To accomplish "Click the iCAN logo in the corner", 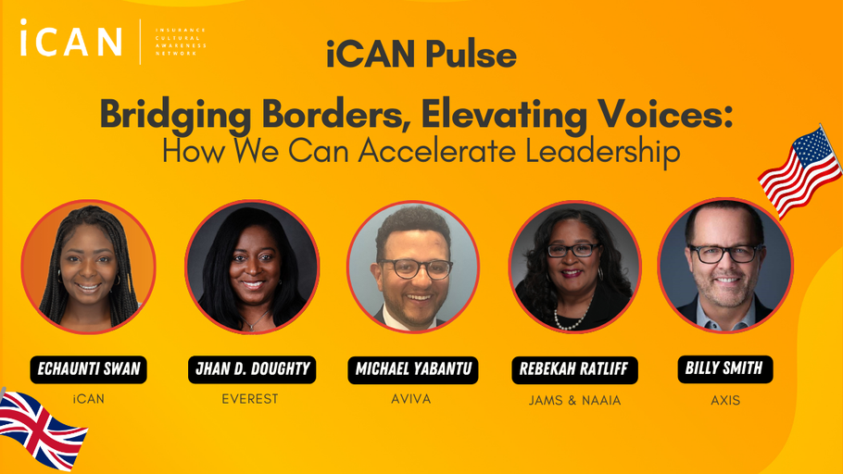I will pos(71,40).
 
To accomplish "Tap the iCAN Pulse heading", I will pos(421,55).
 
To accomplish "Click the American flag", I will pos(799,171).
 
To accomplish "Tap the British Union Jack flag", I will pos(42,429).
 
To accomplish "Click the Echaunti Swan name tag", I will pos(88,369).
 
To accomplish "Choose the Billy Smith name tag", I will pos(724,368).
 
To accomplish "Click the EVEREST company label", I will pos(250,399).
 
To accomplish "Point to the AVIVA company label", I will pos(411,399).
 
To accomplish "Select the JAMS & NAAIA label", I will pos(574,401).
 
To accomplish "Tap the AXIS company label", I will pos(725,400).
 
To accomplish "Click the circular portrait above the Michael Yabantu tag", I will pos(413,267).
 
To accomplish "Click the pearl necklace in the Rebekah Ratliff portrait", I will pos(568,321).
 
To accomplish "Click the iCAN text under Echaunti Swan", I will pos(88,399).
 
